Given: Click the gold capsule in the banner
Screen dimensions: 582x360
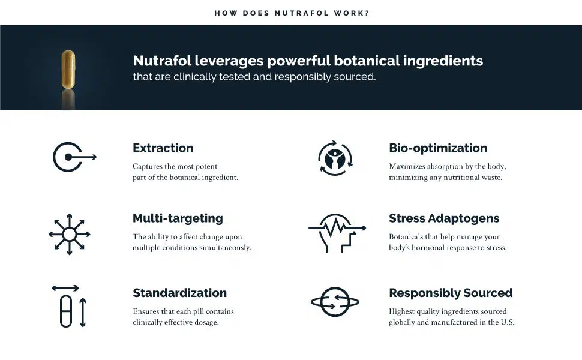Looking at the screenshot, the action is [x=68, y=70].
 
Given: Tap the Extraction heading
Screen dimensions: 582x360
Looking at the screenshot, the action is [x=163, y=148].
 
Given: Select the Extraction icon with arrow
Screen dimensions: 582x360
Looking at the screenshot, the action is [x=74, y=157].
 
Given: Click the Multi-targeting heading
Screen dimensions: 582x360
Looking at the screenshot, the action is [x=178, y=218].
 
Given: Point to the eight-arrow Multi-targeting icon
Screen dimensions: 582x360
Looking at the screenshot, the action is [x=70, y=234].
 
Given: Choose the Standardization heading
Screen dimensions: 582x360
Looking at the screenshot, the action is [x=179, y=293].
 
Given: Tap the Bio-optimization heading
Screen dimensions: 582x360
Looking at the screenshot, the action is [x=438, y=148].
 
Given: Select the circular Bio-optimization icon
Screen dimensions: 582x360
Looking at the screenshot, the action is [x=335, y=158].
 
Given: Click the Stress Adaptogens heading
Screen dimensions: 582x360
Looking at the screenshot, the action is [x=444, y=218].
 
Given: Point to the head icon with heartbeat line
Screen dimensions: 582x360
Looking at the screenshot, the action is [x=337, y=233].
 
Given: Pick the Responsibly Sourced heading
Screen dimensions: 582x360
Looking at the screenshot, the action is [x=451, y=293].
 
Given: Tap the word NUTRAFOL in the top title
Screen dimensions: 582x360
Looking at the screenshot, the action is [x=302, y=13].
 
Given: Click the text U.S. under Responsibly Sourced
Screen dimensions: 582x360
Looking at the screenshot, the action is [x=508, y=322].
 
